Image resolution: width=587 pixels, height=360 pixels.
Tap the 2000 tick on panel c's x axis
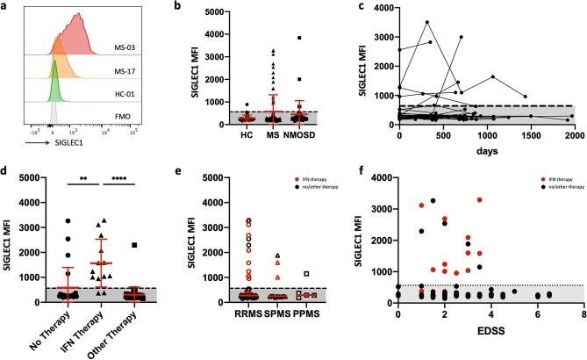(x=570, y=137)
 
